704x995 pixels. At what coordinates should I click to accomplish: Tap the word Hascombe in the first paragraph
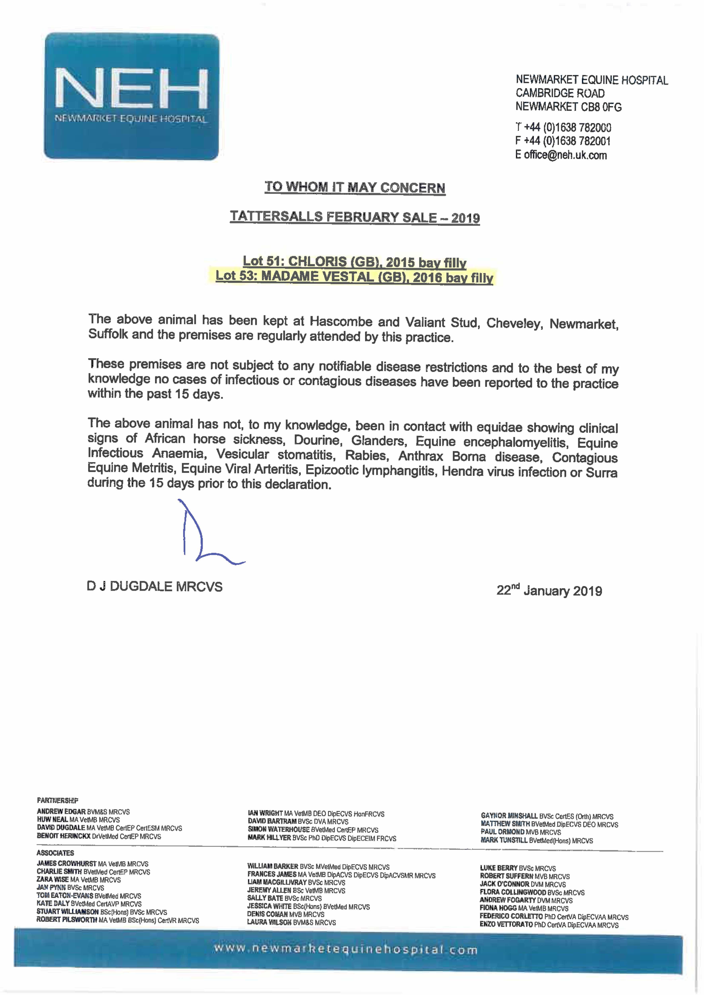pos(341,322)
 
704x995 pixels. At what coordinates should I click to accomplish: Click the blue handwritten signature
pos(204,537)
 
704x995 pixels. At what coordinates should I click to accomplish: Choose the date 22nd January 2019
pos(549,590)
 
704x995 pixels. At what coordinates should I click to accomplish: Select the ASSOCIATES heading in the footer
pos(55,853)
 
